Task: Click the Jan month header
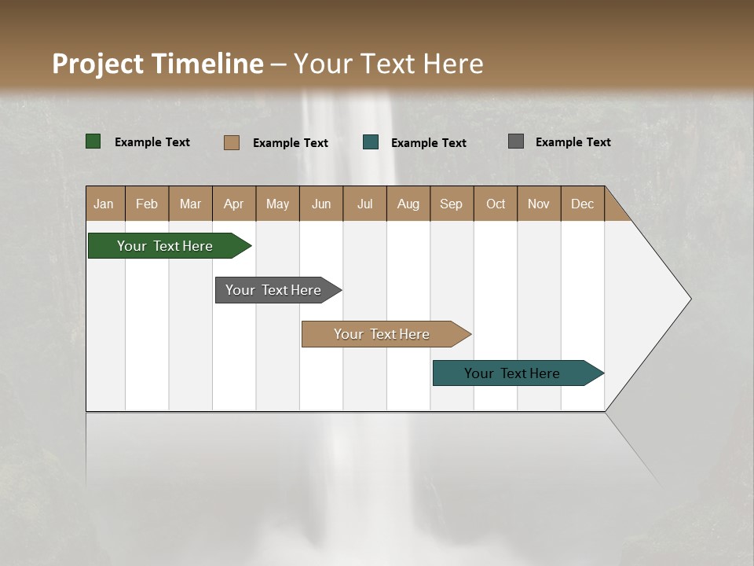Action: click(104, 204)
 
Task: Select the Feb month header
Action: click(147, 204)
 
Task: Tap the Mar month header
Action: click(190, 204)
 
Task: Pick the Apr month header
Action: click(234, 204)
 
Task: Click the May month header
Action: click(277, 204)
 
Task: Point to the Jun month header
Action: click(321, 204)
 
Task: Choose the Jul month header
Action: click(364, 204)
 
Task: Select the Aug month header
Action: click(408, 204)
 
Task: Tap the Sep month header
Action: click(452, 204)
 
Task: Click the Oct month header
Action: click(496, 204)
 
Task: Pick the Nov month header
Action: click(539, 204)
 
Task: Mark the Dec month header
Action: click(583, 204)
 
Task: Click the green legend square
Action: click(93, 141)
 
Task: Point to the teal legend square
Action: click(371, 142)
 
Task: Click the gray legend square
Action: click(516, 141)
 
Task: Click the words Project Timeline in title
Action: click(158, 64)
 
